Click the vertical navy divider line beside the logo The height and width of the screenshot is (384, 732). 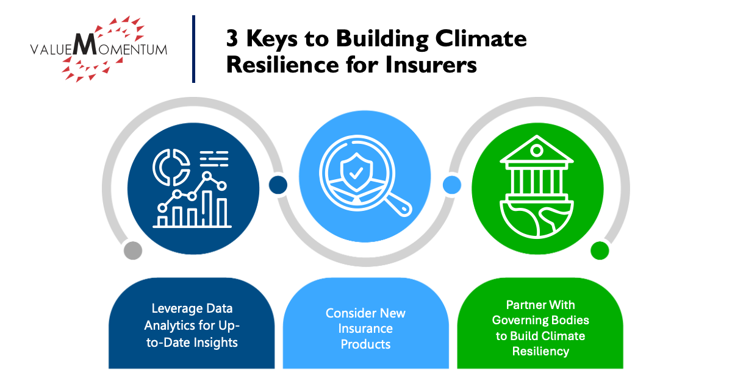tap(194, 49)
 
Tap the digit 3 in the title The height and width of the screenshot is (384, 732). tap(232, 38)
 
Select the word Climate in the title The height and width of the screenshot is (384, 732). tap(481, 38)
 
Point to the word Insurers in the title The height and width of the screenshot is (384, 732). tap(431, 65)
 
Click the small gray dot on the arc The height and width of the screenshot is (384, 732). tap(133, 251)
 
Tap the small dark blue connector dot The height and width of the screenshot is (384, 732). tap(278, 185)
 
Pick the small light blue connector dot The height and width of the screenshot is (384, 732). tap(452, 185)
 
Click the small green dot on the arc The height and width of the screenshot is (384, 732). tap(600, 251)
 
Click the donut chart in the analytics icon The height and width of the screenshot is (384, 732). tap(171, 167)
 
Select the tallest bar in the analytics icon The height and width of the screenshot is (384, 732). tap(207, 208)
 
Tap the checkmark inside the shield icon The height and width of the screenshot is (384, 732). tap(356, 173)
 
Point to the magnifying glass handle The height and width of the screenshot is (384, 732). tap(399, 204)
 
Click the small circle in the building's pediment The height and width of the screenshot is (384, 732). tap(537, 151)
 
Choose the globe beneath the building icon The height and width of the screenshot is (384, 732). tap(537, 219)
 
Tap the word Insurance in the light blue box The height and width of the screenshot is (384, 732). tap(365, 329)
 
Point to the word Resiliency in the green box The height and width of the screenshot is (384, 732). tap(540, 351)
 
